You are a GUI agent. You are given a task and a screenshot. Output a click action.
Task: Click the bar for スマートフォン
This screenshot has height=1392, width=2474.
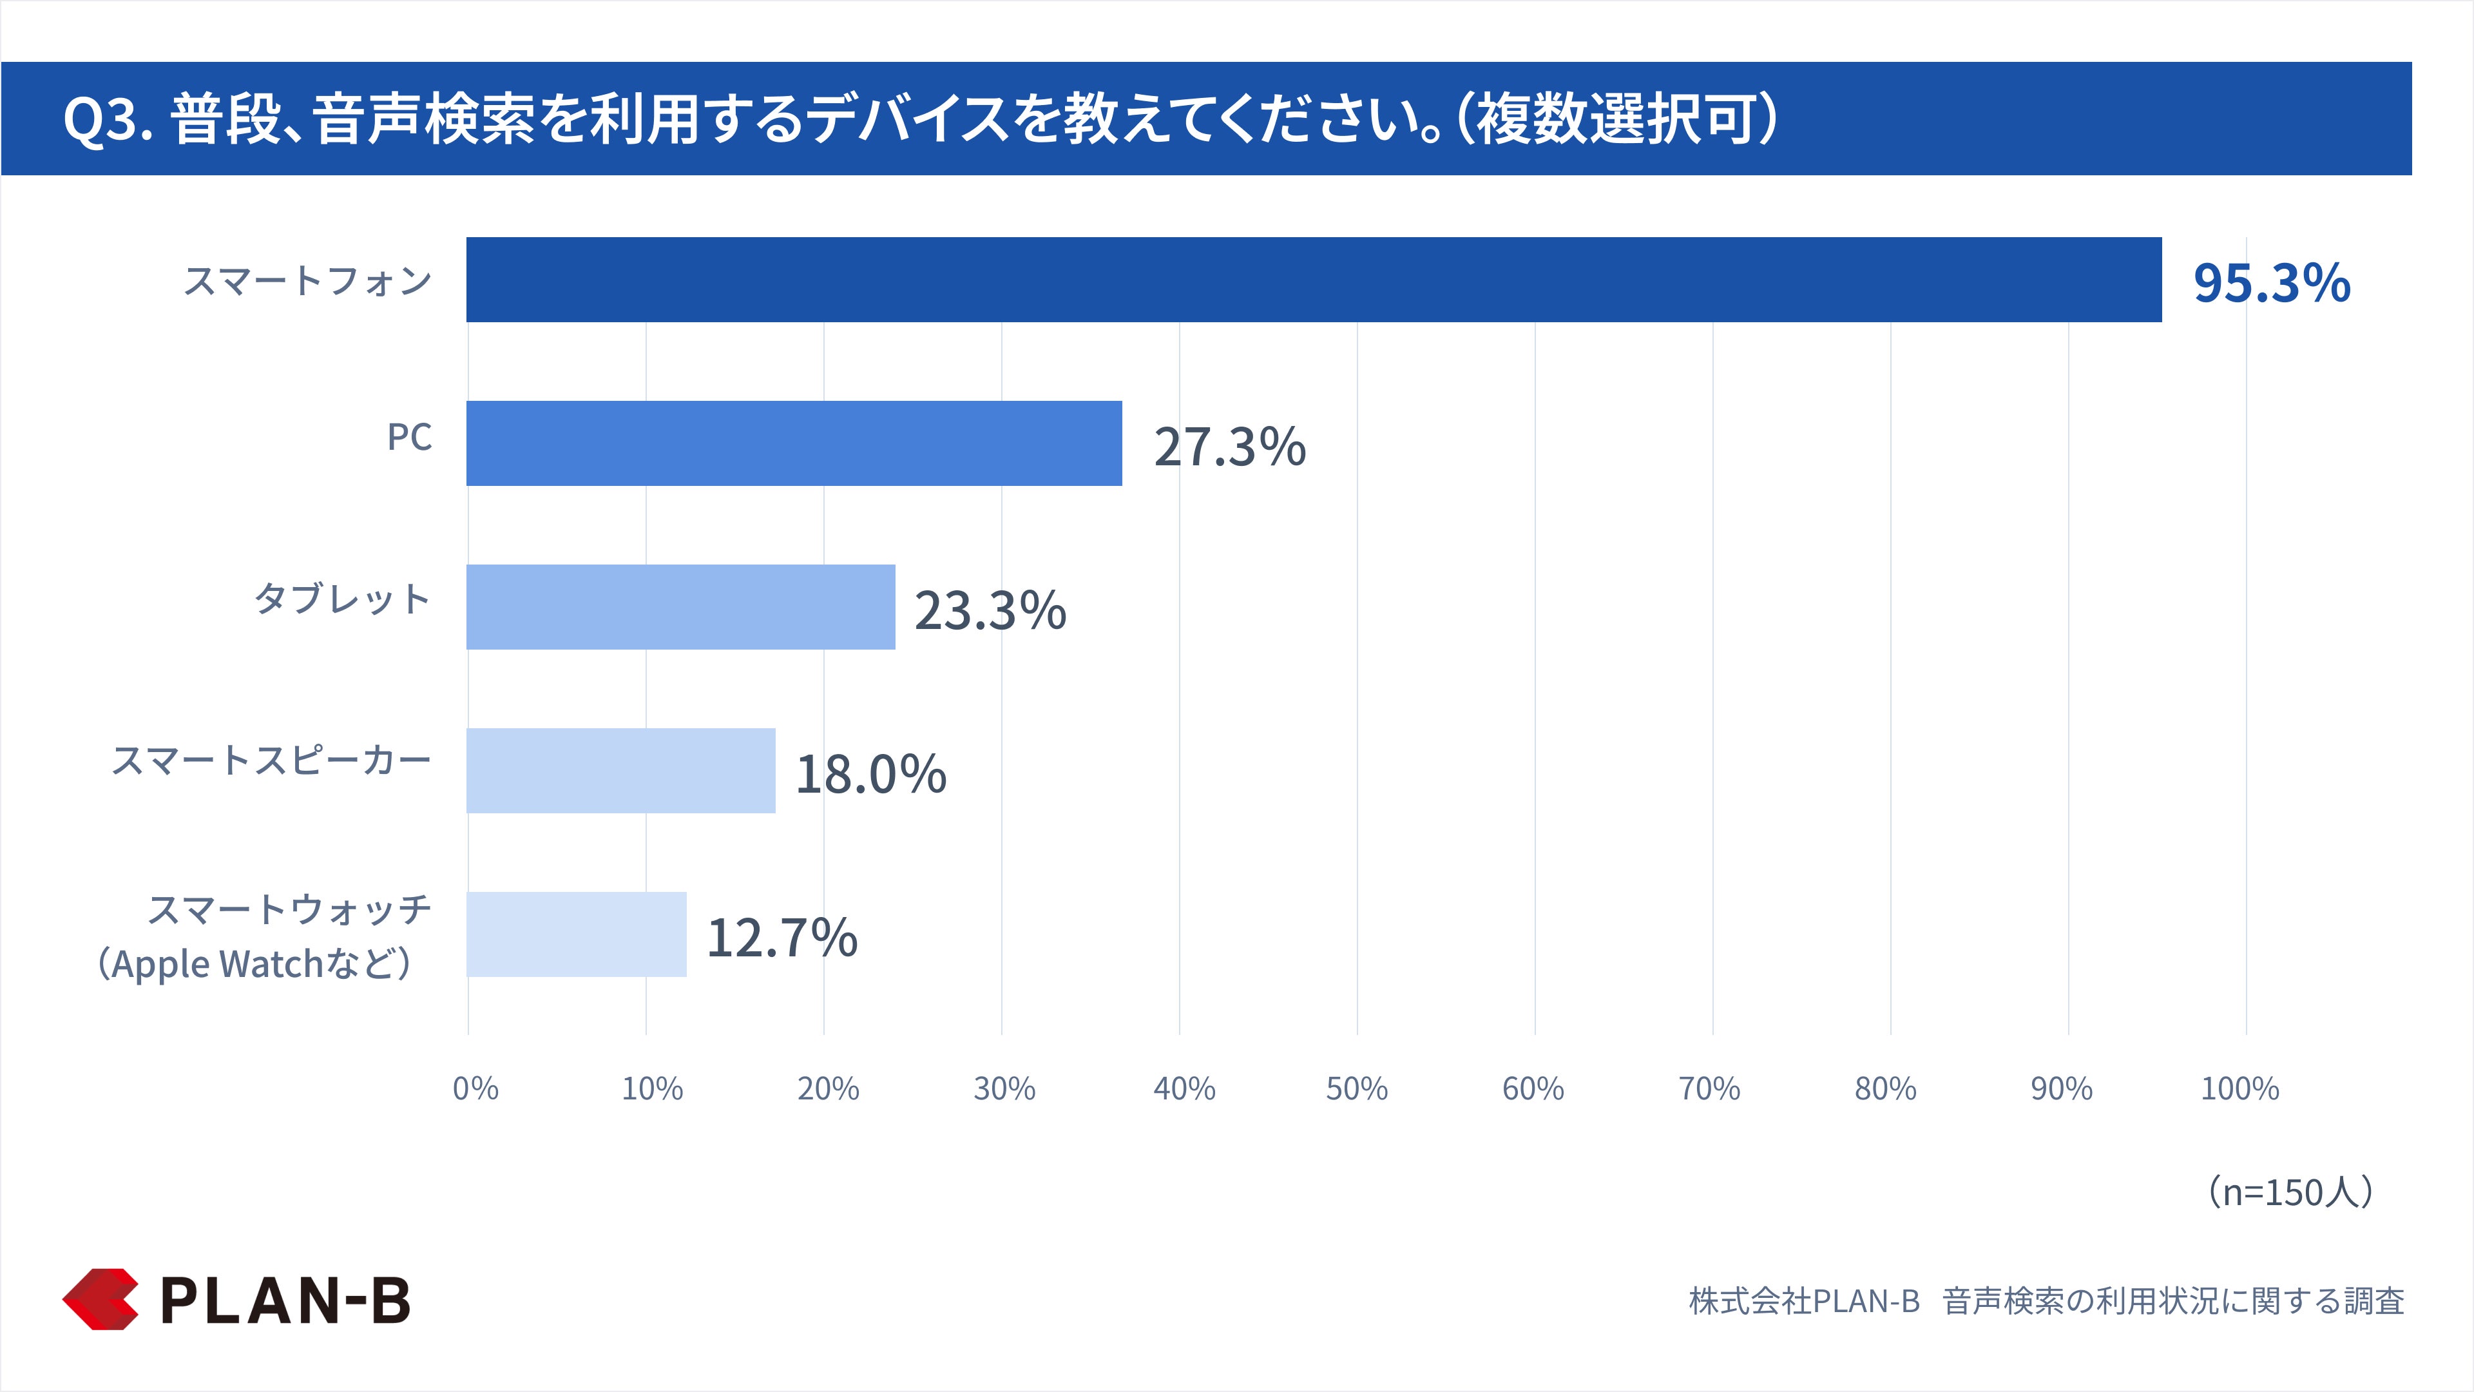point(1314,280)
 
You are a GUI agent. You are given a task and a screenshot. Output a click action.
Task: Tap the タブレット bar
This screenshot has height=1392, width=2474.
point(681,607)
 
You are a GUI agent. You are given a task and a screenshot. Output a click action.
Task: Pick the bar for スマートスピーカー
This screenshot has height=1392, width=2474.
point(621,771)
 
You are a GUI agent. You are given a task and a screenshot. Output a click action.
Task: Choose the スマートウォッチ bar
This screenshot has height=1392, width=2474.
point(577,934)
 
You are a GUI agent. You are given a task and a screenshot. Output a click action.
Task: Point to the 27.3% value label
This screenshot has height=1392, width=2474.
point(1229,447)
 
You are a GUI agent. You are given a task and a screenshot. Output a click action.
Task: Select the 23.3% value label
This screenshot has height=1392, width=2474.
point(990,610)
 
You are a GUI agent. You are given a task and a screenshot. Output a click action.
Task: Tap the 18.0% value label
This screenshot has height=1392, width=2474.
point(871,774)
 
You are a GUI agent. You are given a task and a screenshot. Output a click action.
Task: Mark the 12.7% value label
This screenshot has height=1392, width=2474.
point(782,938)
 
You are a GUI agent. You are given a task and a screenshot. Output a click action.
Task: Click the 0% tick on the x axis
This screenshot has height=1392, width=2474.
point(475,1088)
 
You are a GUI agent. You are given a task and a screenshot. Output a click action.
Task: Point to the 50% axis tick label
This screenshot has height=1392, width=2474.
point(1356,1088)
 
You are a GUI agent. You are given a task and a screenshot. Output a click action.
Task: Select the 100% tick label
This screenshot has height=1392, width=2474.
point(2239,1088)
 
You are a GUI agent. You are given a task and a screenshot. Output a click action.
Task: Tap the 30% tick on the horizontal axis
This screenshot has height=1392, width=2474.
point(1004,1088)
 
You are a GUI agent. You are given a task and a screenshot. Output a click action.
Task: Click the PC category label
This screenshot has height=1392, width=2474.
point(409,437)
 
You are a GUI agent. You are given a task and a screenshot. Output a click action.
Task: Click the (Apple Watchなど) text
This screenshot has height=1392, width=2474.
point(254,963)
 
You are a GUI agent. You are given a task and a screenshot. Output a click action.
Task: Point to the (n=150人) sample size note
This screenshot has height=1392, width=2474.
point(2290,1191)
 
